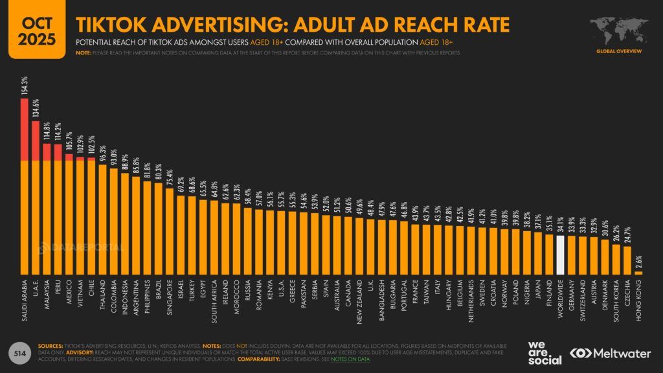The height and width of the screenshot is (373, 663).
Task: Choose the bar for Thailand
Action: pos(102,220)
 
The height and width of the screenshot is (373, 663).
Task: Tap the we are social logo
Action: pos(545,352)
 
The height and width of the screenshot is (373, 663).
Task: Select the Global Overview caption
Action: pos(618,51)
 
